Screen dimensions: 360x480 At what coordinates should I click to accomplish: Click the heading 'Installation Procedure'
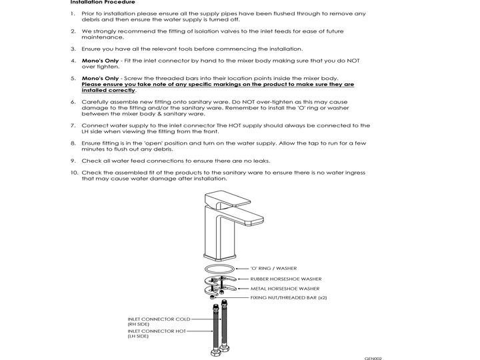coord(102,3)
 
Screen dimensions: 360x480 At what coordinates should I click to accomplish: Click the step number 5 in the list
coord(73,79)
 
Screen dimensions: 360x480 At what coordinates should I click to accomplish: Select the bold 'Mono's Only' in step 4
coord(100,61)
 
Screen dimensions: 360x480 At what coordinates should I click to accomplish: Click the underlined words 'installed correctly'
coord(108,91)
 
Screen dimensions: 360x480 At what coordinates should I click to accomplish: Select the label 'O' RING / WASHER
coord(274,268)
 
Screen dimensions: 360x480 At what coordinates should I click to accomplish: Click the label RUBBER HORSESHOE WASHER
coord(285,279)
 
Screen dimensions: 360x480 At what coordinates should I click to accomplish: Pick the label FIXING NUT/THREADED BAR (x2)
coord(289,298)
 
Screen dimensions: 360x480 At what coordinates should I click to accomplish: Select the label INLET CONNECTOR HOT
coord(157,331)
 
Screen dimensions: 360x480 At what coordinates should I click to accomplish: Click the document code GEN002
coord(373,357)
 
